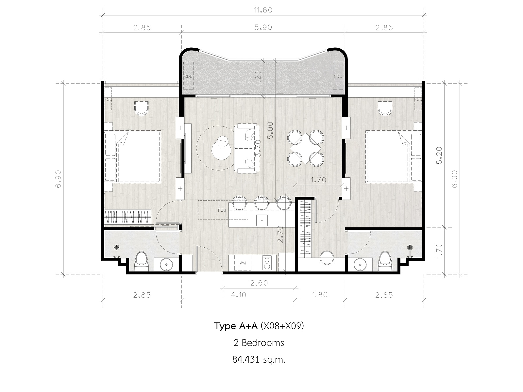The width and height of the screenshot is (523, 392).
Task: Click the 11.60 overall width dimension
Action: (263, 10)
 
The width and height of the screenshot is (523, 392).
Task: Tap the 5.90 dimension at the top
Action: (263, 27)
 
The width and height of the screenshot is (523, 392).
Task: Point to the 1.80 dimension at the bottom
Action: (320, 295)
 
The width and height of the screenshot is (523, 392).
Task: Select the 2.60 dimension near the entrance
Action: (259, 283)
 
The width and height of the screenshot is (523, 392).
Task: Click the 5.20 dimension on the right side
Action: (439, 155)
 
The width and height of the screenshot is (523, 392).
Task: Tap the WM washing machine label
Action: (243, 263)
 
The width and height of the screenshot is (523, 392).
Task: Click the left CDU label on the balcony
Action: (188, 77)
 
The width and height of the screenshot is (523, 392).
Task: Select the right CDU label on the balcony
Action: (338, 76)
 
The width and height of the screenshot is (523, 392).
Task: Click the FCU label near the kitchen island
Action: (222, 210)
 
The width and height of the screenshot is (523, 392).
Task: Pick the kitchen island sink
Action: (262, 220)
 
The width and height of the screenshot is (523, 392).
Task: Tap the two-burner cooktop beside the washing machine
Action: (267, 263)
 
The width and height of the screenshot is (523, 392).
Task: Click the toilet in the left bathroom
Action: (141, 261)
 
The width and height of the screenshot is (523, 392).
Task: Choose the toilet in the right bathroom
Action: (385, 261)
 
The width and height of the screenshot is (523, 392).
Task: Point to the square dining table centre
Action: (305, 148)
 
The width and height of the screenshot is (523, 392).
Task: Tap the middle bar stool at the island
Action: (261, 203)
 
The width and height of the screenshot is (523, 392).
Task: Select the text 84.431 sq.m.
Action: (259, 360)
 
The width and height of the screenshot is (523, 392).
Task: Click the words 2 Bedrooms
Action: (259, 343)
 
